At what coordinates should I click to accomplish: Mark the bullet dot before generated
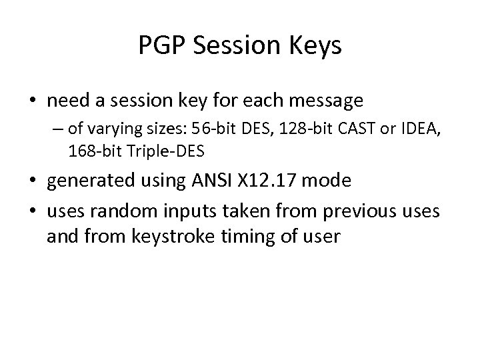[33, 181]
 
